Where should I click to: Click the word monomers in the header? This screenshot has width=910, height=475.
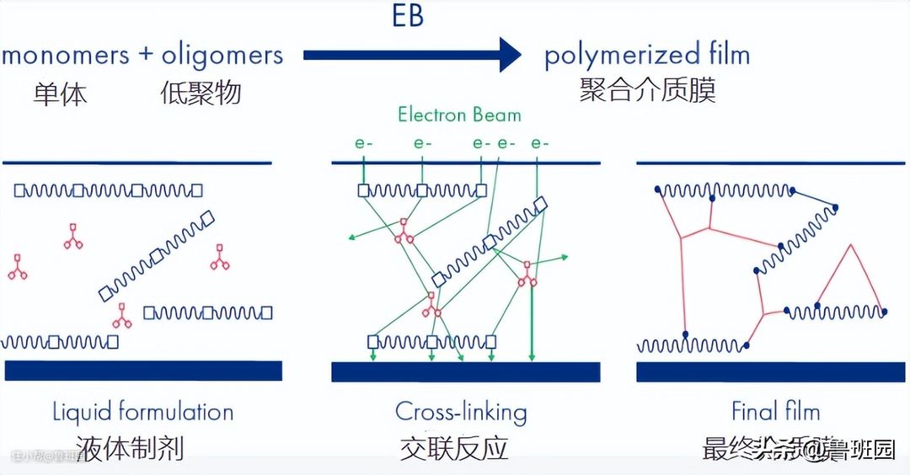tap(66, 56)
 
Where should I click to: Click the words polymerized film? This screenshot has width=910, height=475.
tap(646, 56)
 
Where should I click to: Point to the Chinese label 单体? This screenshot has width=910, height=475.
tap(60, 93)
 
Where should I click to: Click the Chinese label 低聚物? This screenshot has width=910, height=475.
tap(201, 93)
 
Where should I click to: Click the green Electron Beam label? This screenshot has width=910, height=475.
tap(459, 115)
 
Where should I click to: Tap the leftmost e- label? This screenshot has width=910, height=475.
tap(364, 144)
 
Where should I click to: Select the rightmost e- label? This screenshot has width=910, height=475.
tap(539, 144)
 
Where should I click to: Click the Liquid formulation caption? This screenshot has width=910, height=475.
tap(142, 413)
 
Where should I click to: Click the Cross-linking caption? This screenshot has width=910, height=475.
tap(461, 413)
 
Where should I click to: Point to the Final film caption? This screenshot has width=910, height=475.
tap(775, 413)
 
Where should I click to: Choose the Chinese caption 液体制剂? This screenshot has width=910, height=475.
tap(130, 448)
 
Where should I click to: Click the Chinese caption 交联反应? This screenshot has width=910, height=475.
tap(454, 448)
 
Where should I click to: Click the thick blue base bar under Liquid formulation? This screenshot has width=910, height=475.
tap(143, 371)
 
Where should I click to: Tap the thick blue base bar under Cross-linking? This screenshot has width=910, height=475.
tap(465, 371)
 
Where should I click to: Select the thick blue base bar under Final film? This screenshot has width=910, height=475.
tap(770, 371)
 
